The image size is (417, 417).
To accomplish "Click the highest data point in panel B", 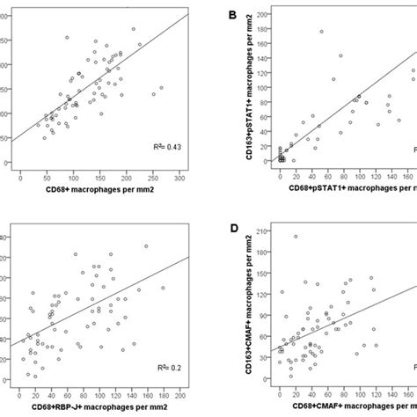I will pos(321,32).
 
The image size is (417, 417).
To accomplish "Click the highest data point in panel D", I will pos(295,236).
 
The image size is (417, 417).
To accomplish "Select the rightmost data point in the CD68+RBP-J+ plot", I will pos(163,288).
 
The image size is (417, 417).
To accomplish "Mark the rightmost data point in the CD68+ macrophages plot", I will pos(161,88).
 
